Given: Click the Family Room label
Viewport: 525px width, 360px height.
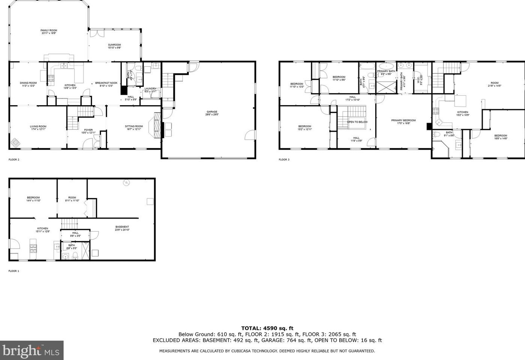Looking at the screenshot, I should click(x=49, y=32).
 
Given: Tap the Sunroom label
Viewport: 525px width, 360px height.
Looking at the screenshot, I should click(x=114, y=46).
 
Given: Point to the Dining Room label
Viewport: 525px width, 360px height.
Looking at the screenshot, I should click(x=28, y=84).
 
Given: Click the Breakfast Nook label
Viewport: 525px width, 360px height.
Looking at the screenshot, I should click(x=106, y=84).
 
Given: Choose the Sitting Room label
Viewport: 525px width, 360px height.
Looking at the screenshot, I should click(x=134, y=128).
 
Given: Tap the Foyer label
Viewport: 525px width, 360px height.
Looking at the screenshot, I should click(x=88, y=131).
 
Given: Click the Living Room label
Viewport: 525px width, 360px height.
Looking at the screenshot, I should click(x=38, y=128).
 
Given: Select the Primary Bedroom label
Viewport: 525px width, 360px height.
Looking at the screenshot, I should click(x=403, y=122).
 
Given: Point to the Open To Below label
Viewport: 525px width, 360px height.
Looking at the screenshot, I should click(x=357, y=122).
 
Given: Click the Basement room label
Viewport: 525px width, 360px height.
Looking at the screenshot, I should click(x=122, y=228).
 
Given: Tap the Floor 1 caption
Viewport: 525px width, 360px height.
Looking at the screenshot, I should click(x=14, y=271).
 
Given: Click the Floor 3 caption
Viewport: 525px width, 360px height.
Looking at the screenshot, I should click(x=284, y=159).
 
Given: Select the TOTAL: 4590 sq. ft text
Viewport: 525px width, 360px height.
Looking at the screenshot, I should click(x=267, y=328).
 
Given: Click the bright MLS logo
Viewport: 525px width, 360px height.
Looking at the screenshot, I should click(x=31, y=351).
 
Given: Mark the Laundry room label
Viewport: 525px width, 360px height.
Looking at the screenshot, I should click(x=150, y=90).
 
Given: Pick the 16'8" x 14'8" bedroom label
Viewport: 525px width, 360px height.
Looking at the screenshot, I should click(x=500, y=137).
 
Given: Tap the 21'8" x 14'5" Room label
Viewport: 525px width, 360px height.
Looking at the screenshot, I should click(x=494, y=84).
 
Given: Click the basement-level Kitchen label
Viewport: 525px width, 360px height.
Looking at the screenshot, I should click(x=42, y=230).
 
